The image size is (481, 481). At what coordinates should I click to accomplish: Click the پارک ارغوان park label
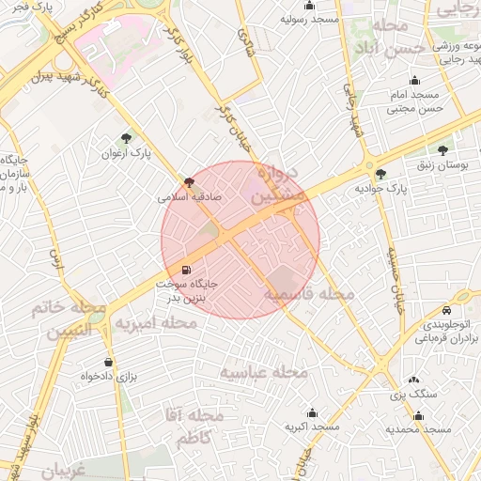pos(127,152)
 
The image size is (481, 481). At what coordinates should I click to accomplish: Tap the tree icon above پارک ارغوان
pos(127,138)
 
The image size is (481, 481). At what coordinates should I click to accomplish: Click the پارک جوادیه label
pos(380,188)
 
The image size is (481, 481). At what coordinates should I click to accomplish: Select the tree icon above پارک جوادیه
pos(380,173)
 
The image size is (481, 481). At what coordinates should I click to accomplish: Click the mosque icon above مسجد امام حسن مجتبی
pos(414,80)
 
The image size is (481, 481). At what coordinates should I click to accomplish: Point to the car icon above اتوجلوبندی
pos(447,311)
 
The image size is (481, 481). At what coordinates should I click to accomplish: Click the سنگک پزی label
pos(414,395)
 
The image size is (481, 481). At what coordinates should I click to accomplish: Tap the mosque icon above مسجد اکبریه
pos(313,412)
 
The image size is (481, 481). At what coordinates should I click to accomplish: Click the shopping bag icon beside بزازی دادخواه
pos(109,362)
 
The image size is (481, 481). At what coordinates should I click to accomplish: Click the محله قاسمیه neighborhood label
pos(308,295)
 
